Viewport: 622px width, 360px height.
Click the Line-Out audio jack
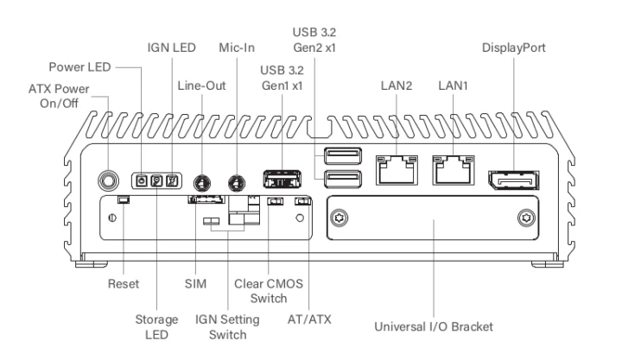(201, 182)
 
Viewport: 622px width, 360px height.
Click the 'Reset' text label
(123, 283)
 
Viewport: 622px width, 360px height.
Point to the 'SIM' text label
(196, 283)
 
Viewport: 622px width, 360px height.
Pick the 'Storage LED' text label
(157, 328)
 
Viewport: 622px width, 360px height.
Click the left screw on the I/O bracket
(340, 218)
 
